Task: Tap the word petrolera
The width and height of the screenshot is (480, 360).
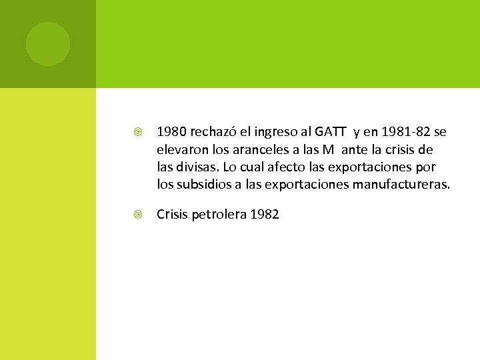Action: point(219,215)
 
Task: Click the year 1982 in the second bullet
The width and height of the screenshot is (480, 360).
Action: point(264,215)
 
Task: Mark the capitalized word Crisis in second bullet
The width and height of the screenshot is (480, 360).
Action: point(172,215)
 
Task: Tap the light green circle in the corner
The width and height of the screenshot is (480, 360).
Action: point(48,44)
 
